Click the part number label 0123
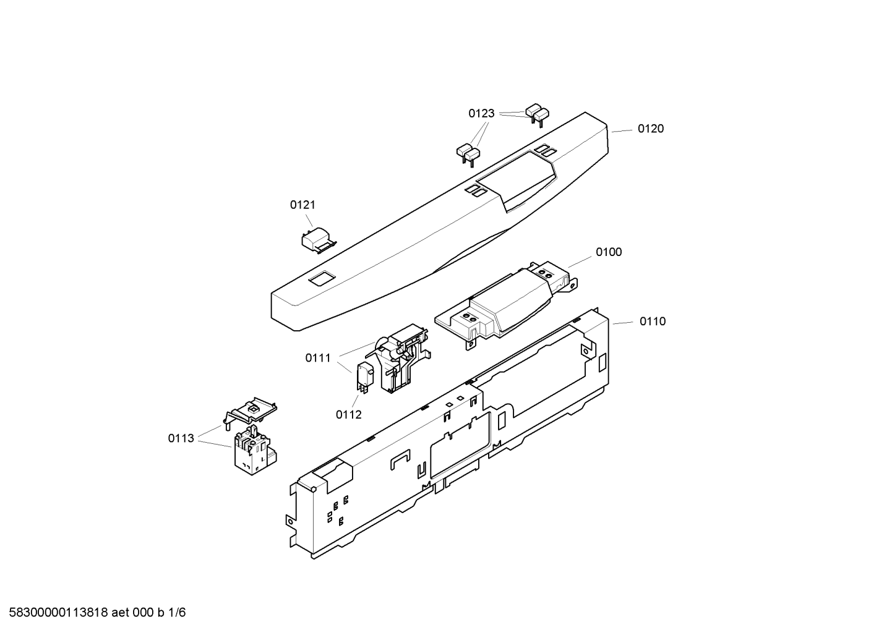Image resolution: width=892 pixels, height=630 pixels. (x=481, y=113)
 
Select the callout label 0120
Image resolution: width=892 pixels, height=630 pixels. (x=651, y=129)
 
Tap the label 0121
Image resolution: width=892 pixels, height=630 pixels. (x=302, y=205)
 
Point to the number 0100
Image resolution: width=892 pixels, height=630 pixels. (x=609, y=252)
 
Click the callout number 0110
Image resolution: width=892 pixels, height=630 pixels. (x=653, y=321)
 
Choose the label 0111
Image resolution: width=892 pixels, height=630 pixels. (x=318, y=358)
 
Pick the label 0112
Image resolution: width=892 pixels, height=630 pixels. (x=348, y=415)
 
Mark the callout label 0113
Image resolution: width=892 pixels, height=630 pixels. (x=181, y=438)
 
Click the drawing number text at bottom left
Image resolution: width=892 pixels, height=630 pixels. (x=97, y=613)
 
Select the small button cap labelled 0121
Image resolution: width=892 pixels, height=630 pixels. (x=319, y=241)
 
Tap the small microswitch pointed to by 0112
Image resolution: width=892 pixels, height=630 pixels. (x=365, y=378)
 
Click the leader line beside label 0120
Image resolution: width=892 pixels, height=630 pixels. (x=622, y=130)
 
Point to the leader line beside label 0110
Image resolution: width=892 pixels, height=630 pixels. (x=623, y=323)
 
